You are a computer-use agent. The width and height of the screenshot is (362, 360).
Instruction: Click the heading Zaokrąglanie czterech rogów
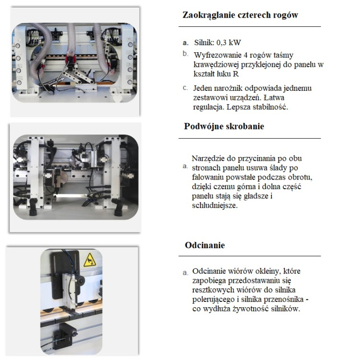240,15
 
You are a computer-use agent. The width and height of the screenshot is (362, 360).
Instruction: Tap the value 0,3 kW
229,43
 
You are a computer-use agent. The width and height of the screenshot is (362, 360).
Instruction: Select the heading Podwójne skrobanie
224,126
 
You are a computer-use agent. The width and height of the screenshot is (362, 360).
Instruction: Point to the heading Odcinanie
205,245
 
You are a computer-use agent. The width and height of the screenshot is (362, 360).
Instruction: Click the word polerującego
213,300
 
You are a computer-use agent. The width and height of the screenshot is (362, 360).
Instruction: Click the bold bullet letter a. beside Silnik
186,43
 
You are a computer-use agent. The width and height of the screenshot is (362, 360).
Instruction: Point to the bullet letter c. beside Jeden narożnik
185,88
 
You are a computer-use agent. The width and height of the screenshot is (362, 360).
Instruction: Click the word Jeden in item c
202,88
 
